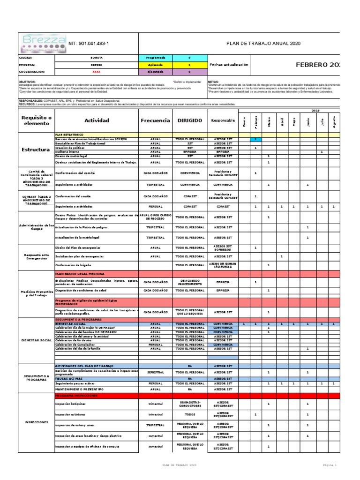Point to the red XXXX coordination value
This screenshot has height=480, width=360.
tap(96, 72)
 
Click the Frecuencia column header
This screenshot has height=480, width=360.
tap(155, 120)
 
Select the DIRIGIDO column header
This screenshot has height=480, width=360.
tap(190, 120)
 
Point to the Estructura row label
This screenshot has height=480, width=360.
tap(36, 150)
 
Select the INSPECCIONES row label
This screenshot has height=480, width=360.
tap(36, 422)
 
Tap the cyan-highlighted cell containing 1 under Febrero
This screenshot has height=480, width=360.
tap(255, 139)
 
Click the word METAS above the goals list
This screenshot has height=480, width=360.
tap(213, 81)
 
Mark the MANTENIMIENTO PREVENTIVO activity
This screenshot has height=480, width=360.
tap(79, 390)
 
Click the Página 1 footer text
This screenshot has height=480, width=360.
tap(330, 465)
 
